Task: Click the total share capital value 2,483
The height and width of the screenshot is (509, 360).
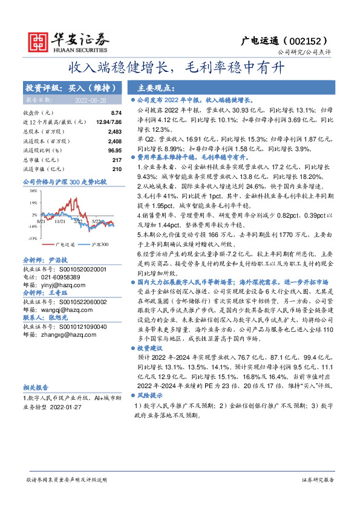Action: click(114, 131)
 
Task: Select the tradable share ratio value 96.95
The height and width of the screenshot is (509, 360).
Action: click(114, 150)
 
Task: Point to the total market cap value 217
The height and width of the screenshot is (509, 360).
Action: click(117, 160)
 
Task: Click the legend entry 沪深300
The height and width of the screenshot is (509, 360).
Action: click(100, 245)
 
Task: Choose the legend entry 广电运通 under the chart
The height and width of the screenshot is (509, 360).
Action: click(65, 245)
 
